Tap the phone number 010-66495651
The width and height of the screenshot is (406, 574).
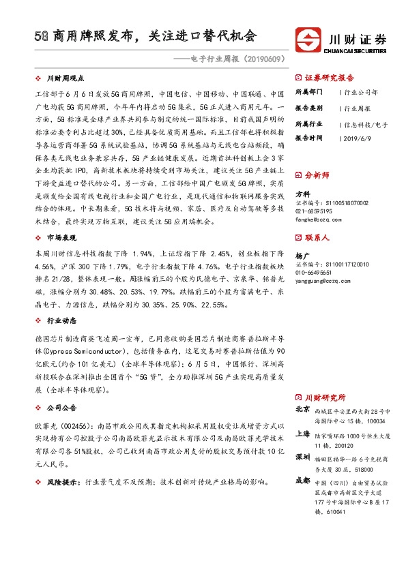click(318, 271)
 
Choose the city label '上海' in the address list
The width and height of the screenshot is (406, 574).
click(303, 434)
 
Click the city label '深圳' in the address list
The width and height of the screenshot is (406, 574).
click(303, 456)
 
